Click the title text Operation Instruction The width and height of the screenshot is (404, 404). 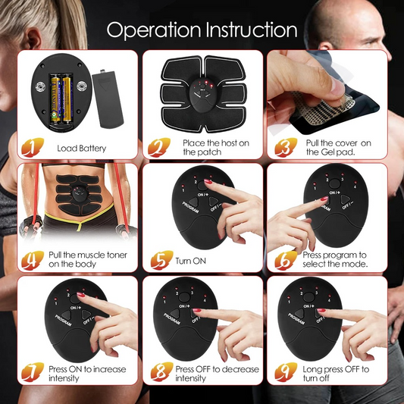point(202,30)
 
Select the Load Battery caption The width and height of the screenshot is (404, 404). point(82,148)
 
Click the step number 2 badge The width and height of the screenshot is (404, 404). point(158,146)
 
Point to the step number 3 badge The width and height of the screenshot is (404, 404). point(281,146)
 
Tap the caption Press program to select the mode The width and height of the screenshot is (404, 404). point(335,260)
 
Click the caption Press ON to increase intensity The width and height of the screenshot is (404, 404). point(87,373)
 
